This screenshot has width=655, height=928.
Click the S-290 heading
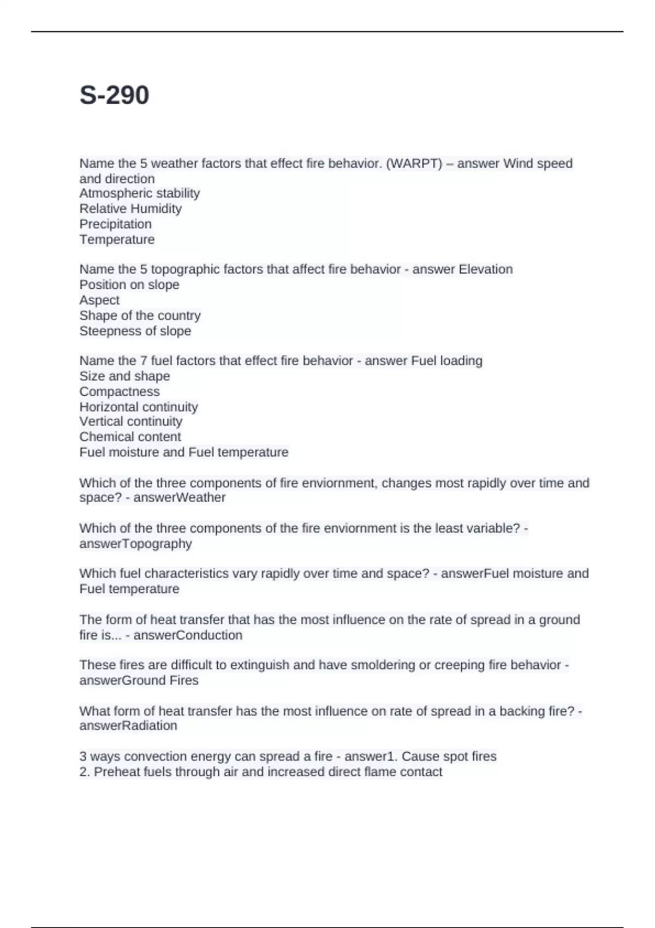click(114, 95)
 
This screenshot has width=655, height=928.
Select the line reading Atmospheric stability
click(139, 193)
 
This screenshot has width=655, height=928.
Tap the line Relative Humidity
click(130, 209)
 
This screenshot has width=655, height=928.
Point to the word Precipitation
click(115, 224)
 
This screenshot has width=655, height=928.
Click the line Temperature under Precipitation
click(117, 239)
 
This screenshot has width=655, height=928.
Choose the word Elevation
click(485, 269)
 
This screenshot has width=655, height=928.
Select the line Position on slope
click(129, 284)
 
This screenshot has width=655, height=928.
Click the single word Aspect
click(99, 300)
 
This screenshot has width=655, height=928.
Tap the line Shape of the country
click(140, 316)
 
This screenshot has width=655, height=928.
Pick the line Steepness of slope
click(135, 331)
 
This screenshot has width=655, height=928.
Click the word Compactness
click(120, 391)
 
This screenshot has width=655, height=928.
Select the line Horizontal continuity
click(139, 407)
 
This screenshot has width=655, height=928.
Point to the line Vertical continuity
click(130, 421)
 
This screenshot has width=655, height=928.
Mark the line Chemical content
click(130, 437)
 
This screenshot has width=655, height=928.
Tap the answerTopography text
click(135, 544)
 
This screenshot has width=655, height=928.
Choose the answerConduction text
click(188, 635)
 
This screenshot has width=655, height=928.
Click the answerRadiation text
click(128, 725)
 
